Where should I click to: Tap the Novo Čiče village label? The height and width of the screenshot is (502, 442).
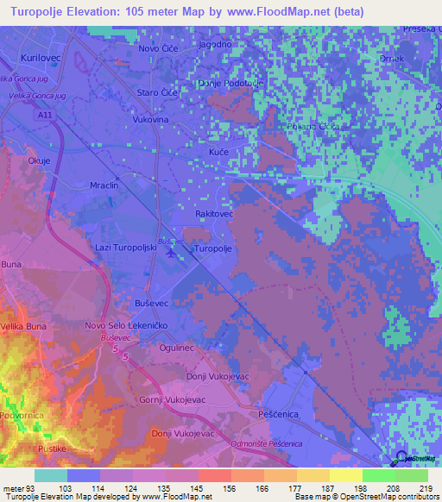coord(160,49)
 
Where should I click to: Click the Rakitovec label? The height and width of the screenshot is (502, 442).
coord(215,213)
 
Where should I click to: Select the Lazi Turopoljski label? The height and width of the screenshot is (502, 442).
coord(125,247)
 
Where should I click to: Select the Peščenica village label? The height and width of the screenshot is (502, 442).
coord(279,415)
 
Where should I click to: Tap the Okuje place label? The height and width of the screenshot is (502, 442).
coord(40,160)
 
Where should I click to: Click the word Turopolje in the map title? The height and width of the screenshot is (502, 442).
coord(44,11)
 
